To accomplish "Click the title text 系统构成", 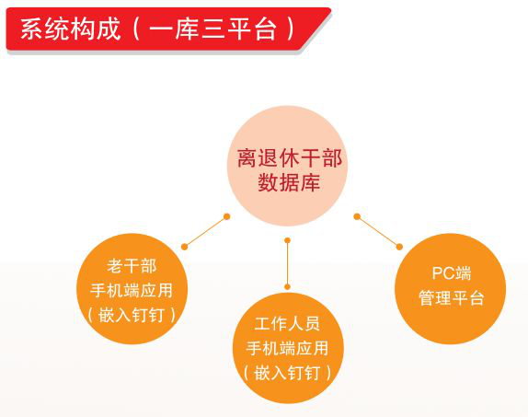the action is point(71,29).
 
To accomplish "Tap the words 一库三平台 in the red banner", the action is point(213,29).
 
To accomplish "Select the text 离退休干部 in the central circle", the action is point(290,158).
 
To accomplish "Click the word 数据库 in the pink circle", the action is point(289,182).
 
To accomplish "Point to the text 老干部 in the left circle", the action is point(132,266).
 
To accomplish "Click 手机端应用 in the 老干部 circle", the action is point(132,290).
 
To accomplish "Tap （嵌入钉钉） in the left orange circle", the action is point(132,315).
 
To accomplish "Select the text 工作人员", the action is point(287,324).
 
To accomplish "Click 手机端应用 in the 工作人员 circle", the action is point(287,348).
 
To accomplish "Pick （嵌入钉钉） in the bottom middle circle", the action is point(287,373).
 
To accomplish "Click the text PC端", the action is point(452,273).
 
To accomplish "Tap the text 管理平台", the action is point(452,298).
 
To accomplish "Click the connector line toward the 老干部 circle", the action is point(205,232).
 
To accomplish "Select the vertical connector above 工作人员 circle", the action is point(287,263).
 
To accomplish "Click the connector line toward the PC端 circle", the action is point(378,232).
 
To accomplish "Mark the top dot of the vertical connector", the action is point(287,240).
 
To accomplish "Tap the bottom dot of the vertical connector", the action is point(287,287).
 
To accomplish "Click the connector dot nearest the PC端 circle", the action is point(399,247).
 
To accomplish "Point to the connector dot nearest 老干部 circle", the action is point(184,247).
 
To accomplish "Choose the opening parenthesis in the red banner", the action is point(136,29).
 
